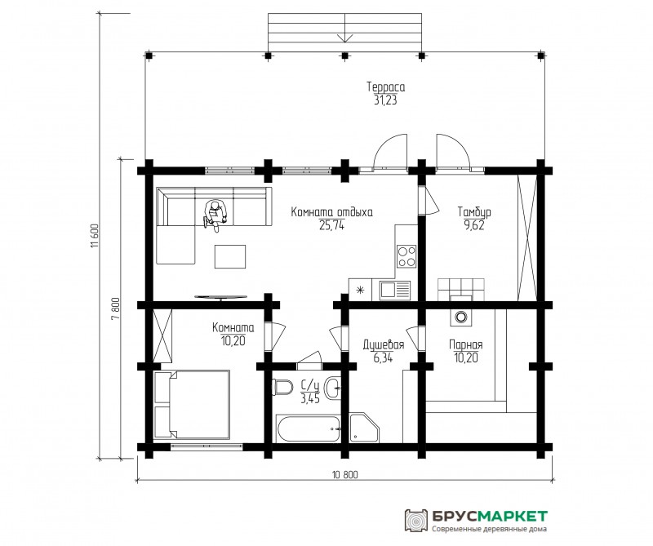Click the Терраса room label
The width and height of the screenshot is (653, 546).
pos(385,87)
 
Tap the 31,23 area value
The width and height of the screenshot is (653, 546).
pos(385,100)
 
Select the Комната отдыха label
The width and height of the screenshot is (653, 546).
pos(331,212)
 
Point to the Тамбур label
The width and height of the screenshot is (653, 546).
pos(474,211)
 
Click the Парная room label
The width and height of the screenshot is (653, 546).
pos(465,345)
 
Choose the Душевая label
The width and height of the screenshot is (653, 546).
pos(383,345)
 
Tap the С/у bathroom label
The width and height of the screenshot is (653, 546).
pos(310,386)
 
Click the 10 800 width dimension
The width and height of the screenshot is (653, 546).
pos(345,474)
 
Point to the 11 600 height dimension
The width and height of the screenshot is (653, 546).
pos(94,237)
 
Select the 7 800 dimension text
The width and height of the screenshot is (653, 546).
pos(115,308)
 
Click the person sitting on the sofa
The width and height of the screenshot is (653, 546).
pos(215,214)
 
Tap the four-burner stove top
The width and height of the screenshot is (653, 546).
pos(406,256)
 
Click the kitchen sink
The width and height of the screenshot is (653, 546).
pos(394,290)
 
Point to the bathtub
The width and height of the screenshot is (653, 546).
pos(309,428)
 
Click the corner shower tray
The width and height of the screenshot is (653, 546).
pos(364,428)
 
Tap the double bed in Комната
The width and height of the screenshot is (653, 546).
pos(192,404)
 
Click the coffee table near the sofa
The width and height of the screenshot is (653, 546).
pos(230,256)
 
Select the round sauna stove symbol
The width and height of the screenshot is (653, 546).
pos(460,317)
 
